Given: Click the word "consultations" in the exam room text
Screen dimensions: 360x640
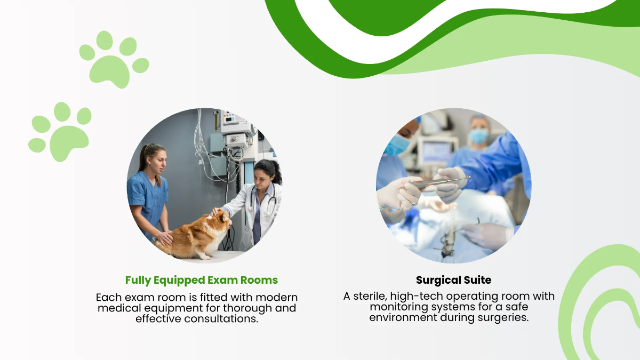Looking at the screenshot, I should pyautogui.click(x=223, y=319).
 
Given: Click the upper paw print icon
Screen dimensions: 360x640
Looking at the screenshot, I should pyautogui.click(x=114, y=59).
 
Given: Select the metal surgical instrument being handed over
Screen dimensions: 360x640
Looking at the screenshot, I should pyautogui.click(x=440, y=182).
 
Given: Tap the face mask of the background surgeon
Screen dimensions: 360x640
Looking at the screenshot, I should pyautogui.click(x=478, y=137).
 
